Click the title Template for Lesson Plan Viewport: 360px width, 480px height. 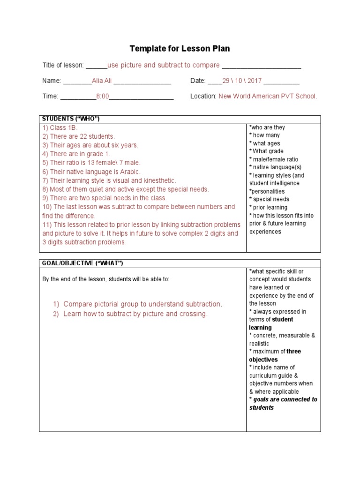(180, 49)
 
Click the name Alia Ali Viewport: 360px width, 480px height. (103, 81)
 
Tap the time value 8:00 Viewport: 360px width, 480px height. (102, 96)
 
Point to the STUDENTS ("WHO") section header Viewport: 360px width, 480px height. (71, 119)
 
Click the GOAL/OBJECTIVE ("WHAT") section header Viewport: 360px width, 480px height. (82, 263)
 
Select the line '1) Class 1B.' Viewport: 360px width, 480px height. (60, 127)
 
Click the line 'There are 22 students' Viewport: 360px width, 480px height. (78, 136)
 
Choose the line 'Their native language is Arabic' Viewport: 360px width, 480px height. (91, 172)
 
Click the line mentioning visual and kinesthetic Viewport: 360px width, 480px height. (109, 180)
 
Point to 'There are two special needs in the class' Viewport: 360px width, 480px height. (105, 198)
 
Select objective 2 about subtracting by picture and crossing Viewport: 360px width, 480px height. (135, 314)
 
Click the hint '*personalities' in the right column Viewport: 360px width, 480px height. (267, 191)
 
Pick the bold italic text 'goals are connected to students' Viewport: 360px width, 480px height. (283, 404)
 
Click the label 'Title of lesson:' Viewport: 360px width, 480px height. (63, 65)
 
